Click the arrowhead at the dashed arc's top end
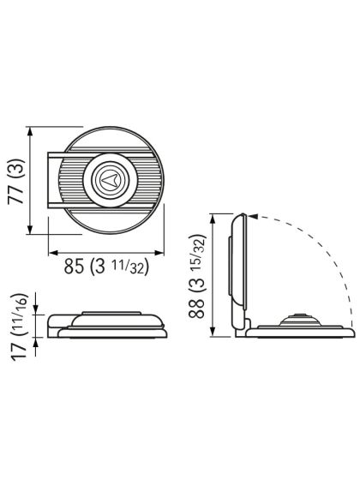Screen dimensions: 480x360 click(254, 217)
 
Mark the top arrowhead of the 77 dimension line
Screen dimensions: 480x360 click(31, 131)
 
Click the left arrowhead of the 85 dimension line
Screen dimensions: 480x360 click(50, 252)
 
